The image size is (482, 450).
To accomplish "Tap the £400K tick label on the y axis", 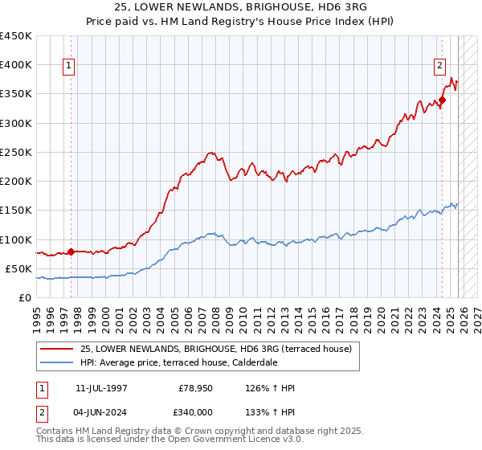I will click(16, 65).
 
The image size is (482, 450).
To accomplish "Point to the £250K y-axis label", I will click(16, 152).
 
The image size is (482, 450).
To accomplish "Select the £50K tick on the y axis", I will click(19, 268).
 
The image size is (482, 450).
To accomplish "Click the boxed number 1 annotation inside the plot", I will click(70, 66).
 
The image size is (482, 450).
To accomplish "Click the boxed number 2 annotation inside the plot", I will click(440, 66).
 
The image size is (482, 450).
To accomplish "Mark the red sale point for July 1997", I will click(71, 252).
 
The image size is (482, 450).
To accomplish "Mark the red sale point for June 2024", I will click(442, 100).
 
